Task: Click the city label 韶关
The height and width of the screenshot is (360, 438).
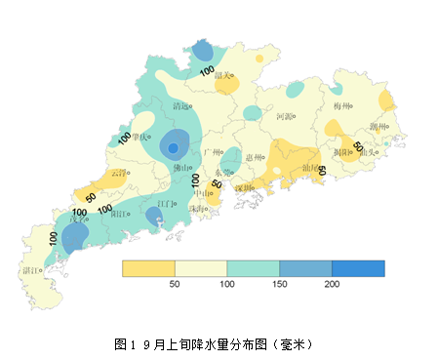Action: point(222,75)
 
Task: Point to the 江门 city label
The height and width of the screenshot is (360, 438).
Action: point(166,204)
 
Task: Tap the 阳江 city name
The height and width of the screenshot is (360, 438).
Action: point(121,214)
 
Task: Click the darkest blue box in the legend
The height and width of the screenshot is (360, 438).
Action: point(358,268)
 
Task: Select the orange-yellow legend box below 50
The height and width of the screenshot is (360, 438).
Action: point(147,268)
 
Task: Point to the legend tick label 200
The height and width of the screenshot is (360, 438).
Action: point(332,284)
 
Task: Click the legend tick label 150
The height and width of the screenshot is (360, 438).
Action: point(279,284)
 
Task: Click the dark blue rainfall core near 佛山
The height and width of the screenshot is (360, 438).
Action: point(173,148)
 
